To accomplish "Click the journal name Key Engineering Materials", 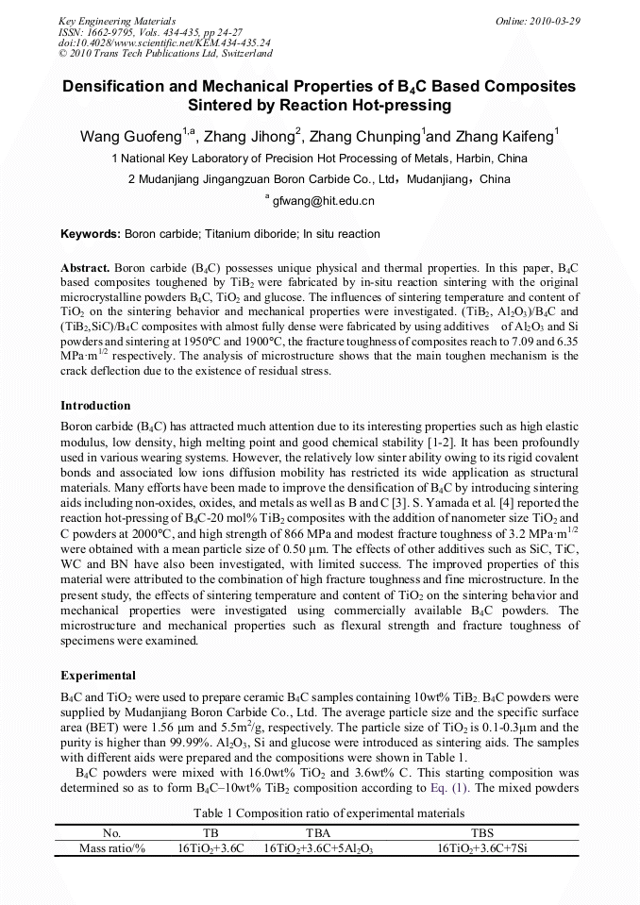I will pyautogui.click(x=117, y=21).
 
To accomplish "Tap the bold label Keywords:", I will pyautogui.click(x=91, y=234).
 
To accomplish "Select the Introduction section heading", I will pyautogui.click(x=95, y=405).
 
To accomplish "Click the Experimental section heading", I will pyautogui.click(x=98, y=676).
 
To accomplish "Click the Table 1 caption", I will pyautogui.click(x=328, y=813).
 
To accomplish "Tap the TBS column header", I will pyautogui.click(x=482, y=833).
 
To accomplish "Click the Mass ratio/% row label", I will pyautogui.click(x=112, y=848).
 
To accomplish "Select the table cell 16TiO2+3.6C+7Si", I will pyautogui.click(x=482, y=848).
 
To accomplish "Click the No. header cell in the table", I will pyautogui.click(x=112, y=833).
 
